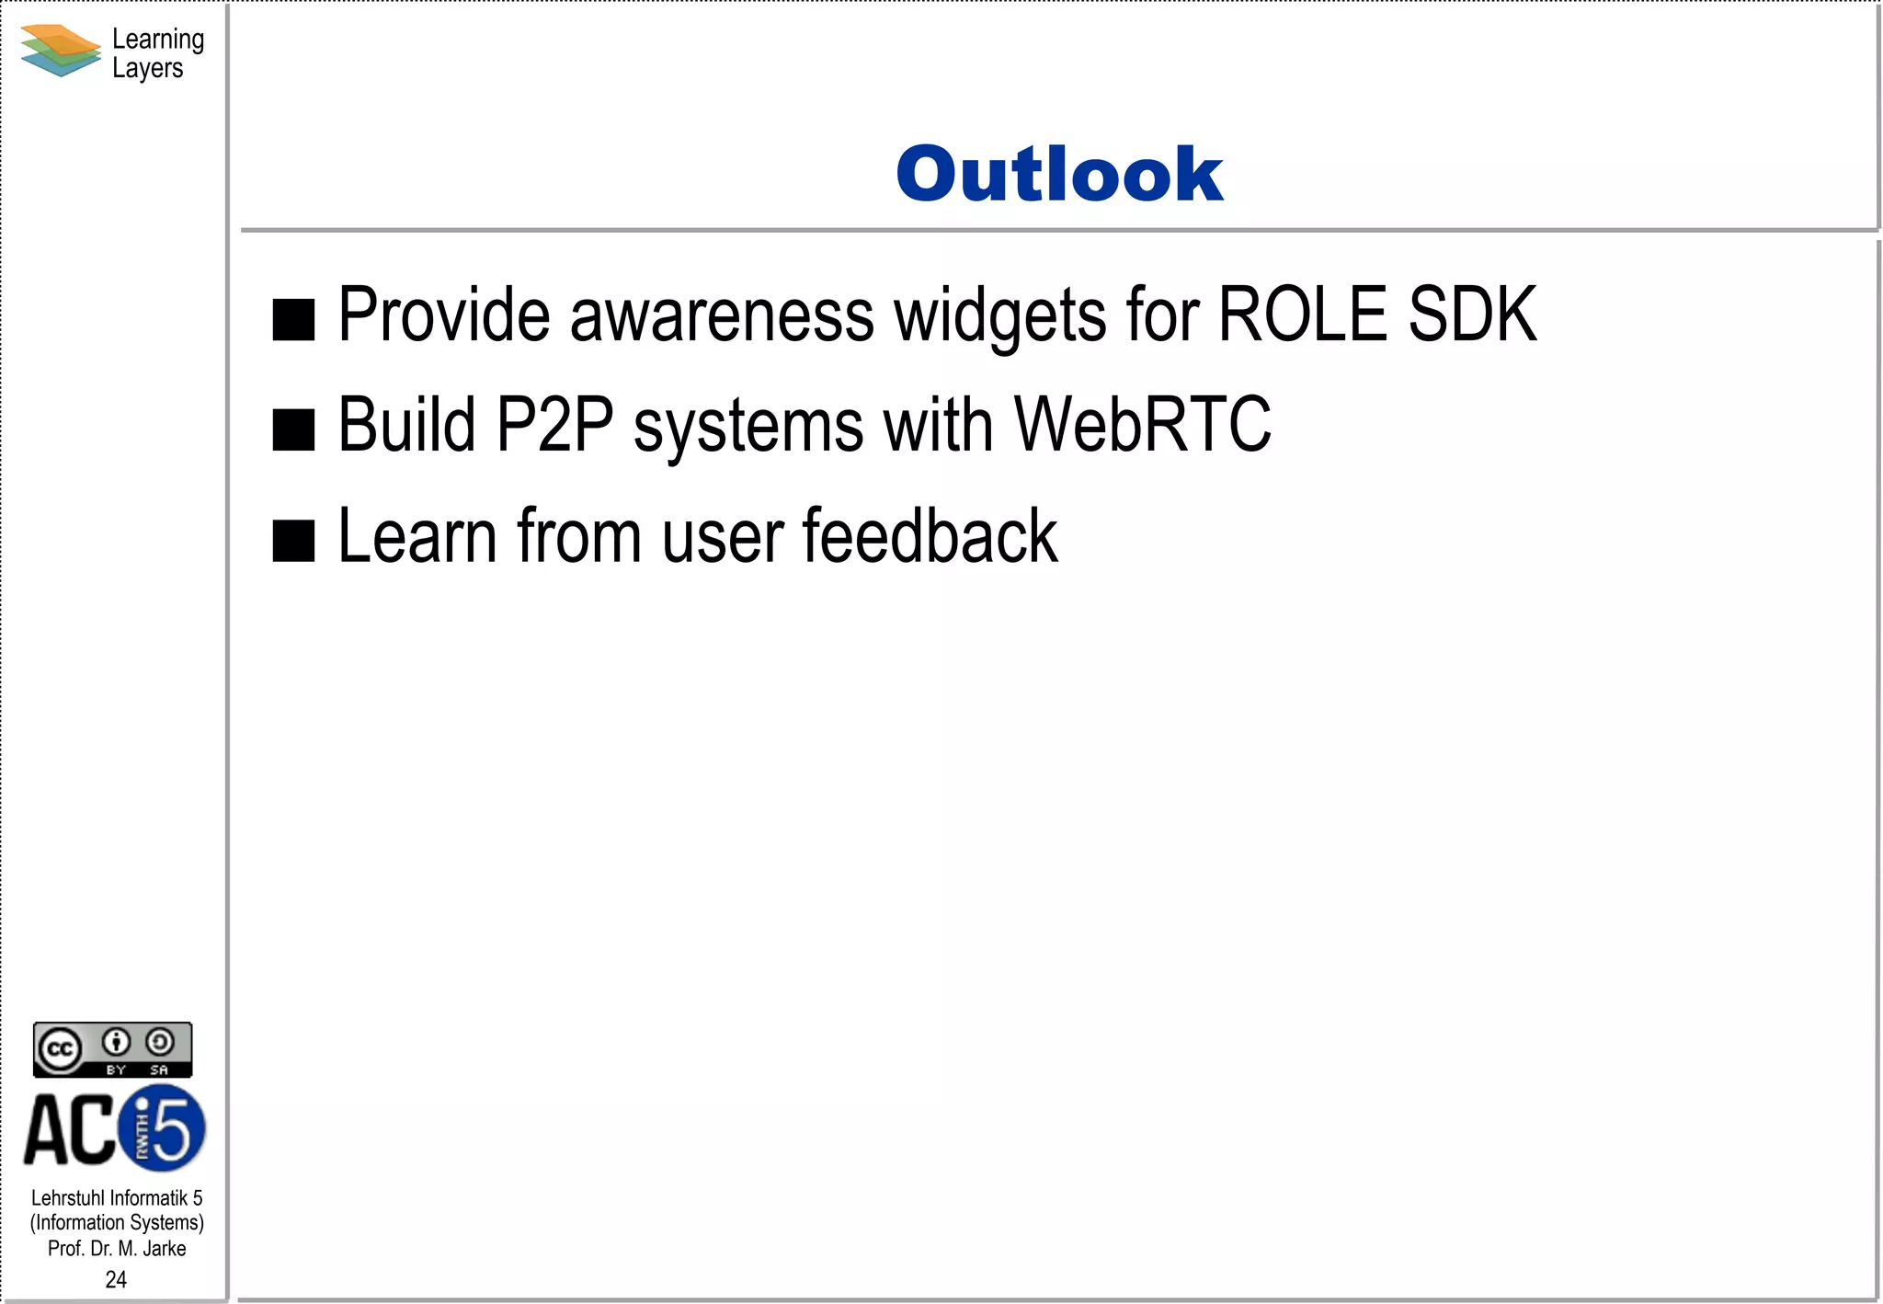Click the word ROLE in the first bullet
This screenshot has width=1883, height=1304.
coord(1303,315)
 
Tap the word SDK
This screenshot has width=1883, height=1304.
coord(1472,315)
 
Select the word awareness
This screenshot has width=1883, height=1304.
coord(722,316)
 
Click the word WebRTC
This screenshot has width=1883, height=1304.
coord(1143,425)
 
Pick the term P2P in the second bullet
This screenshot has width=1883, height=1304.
coord(554,425)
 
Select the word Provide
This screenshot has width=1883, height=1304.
coord(444,315)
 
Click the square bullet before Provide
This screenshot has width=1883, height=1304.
coord(294,320)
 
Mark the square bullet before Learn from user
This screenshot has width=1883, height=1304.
coord(294,541)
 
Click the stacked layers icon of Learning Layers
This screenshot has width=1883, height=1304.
coord(60,51)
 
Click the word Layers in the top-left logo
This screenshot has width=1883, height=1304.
coord(147,69)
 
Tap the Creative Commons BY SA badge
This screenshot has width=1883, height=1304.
coord(112,1049)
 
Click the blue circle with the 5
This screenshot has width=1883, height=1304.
coord(163,1128)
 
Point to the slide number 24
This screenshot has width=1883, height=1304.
coord(116,1279)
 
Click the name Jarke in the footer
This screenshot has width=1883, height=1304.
coord(165,1249)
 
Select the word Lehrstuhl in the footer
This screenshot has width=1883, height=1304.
coord(67,1198)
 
